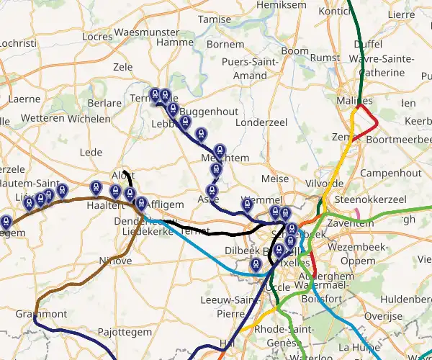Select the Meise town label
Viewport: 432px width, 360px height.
point(275,179)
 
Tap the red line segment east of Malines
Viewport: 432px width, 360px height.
point(373,118)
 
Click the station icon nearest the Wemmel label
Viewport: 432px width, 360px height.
point(247,204)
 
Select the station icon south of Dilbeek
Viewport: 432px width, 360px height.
point(255,265)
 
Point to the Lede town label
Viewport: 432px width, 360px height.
point(91,152)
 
